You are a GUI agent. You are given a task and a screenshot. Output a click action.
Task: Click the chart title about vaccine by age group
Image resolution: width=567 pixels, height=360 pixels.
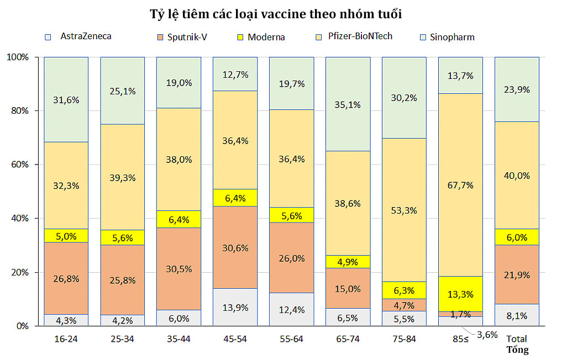click(x=276, y=14)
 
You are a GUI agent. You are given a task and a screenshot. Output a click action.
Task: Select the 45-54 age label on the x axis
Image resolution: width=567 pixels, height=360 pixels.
click(x=235, y=338)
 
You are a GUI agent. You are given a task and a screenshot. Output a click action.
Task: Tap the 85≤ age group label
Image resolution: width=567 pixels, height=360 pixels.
click(x=460, y=338)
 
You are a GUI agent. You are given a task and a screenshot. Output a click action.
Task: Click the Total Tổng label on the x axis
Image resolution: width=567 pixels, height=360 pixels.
click(x=517, y=344)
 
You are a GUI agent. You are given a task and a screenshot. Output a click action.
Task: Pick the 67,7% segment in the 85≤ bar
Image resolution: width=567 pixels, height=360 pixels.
click(x=460, y=184)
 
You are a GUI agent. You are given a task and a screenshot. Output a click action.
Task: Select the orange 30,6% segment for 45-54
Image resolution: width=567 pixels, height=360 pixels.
click(x=235, y=247)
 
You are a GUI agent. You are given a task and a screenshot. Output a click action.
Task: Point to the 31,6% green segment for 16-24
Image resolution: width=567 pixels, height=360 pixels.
click(x=66, y=99)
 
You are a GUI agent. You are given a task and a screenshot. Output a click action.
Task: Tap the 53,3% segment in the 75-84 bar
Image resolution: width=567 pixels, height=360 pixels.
click(x=404, y=210)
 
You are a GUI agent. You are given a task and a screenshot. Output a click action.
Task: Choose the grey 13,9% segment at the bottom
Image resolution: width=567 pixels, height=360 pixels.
click(x=235, y=307)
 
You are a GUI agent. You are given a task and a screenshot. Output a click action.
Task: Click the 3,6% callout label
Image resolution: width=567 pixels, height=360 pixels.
click(x=487, y=334)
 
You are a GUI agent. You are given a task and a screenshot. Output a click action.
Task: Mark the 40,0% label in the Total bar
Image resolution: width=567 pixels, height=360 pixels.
click(x=517, y=176)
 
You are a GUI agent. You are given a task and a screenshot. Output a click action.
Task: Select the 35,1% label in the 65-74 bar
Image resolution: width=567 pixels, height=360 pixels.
click(x=348, y=103)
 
